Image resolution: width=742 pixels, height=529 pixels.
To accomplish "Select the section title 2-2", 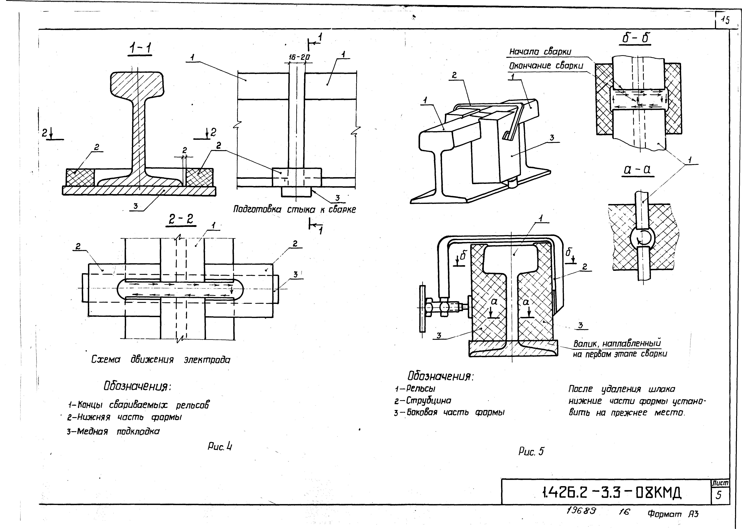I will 181,219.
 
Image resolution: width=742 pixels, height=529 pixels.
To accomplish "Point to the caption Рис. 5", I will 531,451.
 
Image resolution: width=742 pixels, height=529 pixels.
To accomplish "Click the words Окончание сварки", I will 546,66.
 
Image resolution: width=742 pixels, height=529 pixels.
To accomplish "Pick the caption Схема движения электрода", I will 161,360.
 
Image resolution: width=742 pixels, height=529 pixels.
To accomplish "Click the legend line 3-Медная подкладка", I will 113,432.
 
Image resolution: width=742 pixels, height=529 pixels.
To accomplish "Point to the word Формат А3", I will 673,514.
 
